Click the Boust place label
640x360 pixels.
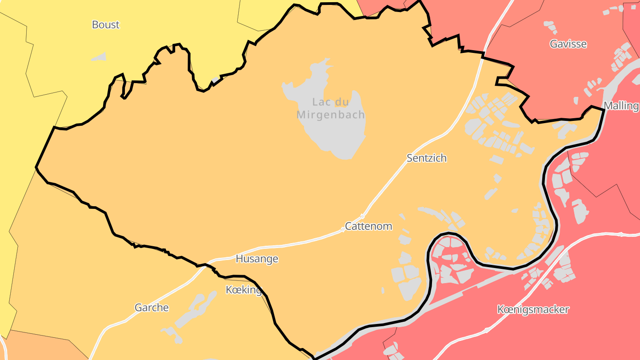[105, 24]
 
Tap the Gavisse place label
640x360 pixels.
[568, 44]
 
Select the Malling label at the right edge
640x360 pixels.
[621, 106]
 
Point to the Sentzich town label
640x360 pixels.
[426, 158]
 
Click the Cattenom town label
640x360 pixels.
[368, 226]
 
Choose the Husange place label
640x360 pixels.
[257, 259]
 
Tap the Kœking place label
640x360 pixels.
[244, 290]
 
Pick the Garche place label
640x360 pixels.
[152, 308]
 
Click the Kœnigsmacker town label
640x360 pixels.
[533, 309]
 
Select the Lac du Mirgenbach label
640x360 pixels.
[331, 108]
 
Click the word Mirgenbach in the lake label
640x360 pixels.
[331, 115]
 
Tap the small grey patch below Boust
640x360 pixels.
[100, 57]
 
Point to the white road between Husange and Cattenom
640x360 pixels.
[302, 243]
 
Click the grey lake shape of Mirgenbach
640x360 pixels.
[342, 138]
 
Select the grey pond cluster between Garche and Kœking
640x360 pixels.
[196, 309]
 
